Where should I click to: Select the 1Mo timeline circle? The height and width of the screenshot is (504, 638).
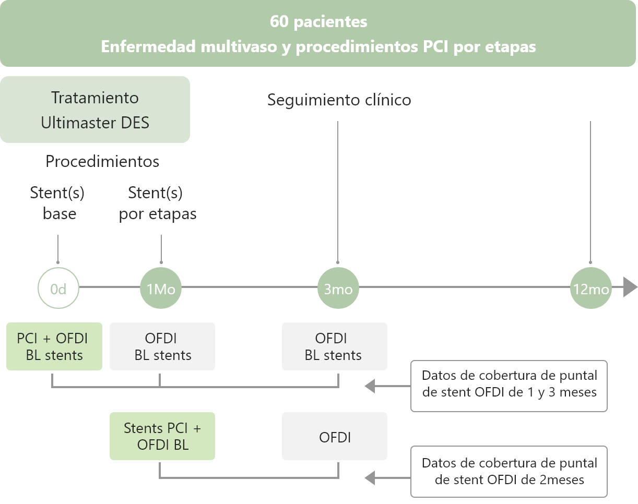point(161,287)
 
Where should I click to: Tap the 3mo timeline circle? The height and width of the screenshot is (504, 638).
point(338,287)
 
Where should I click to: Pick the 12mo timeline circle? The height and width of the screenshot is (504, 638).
point(591,287)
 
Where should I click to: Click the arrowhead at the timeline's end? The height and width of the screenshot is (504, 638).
point(630,287)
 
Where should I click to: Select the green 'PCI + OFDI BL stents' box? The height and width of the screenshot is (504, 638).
point(54,346)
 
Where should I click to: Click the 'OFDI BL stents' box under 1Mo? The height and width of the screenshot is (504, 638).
point(162,346)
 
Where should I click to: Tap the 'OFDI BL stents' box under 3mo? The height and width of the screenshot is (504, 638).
point(335,346)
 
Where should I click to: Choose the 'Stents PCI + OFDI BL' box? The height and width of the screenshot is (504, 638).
point(162,436)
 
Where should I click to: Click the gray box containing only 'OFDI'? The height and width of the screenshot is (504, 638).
point(335,436)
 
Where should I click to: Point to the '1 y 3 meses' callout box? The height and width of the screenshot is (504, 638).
point(509,386)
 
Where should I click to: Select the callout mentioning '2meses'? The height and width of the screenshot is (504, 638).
point(509,472)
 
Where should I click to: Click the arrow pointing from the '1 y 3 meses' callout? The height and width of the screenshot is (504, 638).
point(387,386)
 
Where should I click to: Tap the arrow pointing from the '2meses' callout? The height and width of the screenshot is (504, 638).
point(387,477)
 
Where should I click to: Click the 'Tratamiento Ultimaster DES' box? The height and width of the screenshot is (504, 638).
point(95,110)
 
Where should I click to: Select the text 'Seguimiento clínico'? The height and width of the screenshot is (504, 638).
point(339,100)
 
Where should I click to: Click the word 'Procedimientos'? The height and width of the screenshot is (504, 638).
point(102,162)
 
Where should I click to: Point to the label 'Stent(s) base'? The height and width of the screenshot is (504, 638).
point(57,203)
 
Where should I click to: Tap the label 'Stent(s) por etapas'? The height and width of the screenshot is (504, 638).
point(158,203)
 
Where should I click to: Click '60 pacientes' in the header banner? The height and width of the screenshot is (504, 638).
point(318,22)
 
